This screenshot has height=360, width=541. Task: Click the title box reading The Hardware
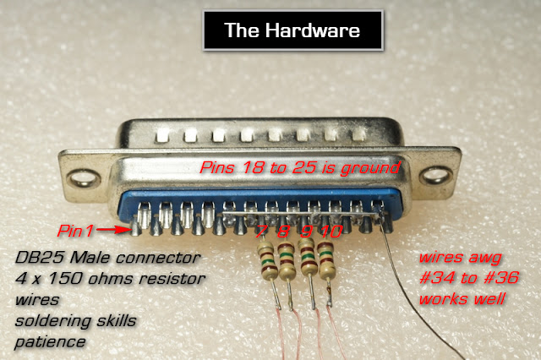(x=293, y=30)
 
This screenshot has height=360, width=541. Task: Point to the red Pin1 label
(x=75, y=231)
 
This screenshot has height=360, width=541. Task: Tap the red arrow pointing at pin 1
(x=112, y=230)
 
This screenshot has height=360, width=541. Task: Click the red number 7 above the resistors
(x=261, y=232)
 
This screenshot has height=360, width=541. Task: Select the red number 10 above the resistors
(x=331, y=232)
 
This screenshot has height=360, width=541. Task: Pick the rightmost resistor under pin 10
(x=326, y=260)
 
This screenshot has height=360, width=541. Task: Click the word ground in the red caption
(x=370, y=168)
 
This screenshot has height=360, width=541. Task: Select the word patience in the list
(x=50, y=342)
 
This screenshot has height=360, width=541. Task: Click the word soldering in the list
(x=53, y=321)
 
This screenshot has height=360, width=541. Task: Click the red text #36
(x=501, y=277)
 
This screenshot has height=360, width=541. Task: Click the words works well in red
(x=462, y=298)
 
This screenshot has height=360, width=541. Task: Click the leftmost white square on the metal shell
(x=162, y=135)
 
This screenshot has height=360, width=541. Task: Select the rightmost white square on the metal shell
(x=358, y=134)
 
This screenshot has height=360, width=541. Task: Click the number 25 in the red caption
(x=304, y=167)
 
